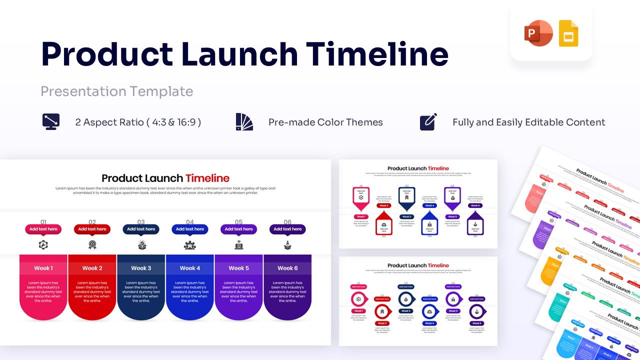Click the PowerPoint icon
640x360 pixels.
tap(538, 33)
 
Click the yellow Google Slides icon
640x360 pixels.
tap(568, 33)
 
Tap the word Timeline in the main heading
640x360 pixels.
tap(377, 54)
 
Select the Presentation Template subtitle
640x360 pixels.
tap(116, 91)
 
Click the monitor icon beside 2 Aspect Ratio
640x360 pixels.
tap(51, 122)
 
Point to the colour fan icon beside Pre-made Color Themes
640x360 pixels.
tap(244, 122)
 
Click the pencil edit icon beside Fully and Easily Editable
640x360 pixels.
tap(428, 122)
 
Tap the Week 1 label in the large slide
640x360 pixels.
tap(43, 268)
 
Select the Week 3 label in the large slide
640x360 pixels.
tap(141, 268)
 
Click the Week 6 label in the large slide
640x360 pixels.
tap(287, 268)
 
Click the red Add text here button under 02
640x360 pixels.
tap(92, 229)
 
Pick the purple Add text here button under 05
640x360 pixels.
tap(238, 229)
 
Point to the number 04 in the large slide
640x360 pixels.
tap(190, 222)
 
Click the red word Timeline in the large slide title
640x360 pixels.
tap(207, 178)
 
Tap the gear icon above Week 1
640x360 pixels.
tap(43, 245)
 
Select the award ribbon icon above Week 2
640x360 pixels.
tap(92, 245)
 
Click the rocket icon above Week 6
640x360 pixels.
tap(287, 245)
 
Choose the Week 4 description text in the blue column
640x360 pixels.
tap(190, 292)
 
